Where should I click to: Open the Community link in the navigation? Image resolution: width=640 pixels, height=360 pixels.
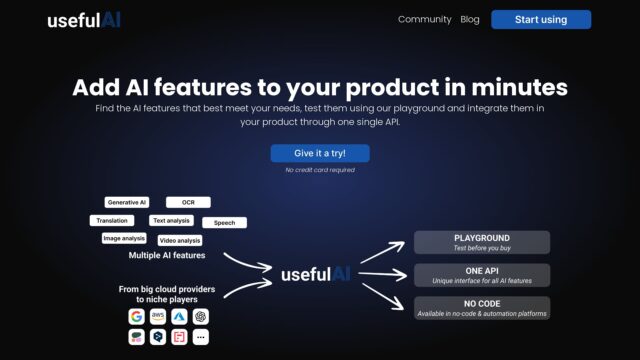[x=425, y=19]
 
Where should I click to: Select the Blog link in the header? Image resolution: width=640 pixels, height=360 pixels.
[x=470, y=19]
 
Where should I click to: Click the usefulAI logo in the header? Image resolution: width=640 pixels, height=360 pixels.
[x=84, y=20]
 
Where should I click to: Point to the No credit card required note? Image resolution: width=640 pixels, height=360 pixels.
[x=320, y=170]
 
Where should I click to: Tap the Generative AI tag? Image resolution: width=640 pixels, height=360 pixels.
[x=127, y=202]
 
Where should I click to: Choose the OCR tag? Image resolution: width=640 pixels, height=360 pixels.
[x=188, y=202]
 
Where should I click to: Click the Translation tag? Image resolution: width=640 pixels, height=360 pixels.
[x=111, y=220]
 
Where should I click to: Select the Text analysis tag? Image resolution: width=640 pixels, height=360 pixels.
[x=171, y=220]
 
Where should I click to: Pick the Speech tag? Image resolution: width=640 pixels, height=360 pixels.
[x=224, y=223]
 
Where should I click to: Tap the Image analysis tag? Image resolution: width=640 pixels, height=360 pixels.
[x=124, y=238]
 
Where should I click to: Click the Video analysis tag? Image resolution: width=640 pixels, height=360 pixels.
[x=180, y=240]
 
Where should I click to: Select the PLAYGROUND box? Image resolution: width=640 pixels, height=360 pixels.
[x=482, y=242]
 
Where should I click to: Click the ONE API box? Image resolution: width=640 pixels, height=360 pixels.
[x=482, y=274]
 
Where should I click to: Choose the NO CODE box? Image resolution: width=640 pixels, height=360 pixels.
[x=482, y=307]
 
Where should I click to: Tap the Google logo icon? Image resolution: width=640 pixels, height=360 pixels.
[x=136, y=316]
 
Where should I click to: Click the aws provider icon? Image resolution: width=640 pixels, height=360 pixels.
[x=158, y=316]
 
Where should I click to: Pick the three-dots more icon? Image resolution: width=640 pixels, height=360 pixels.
[x=202, y=338]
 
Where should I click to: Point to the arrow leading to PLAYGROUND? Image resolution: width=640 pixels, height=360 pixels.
[x=381, y=251]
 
